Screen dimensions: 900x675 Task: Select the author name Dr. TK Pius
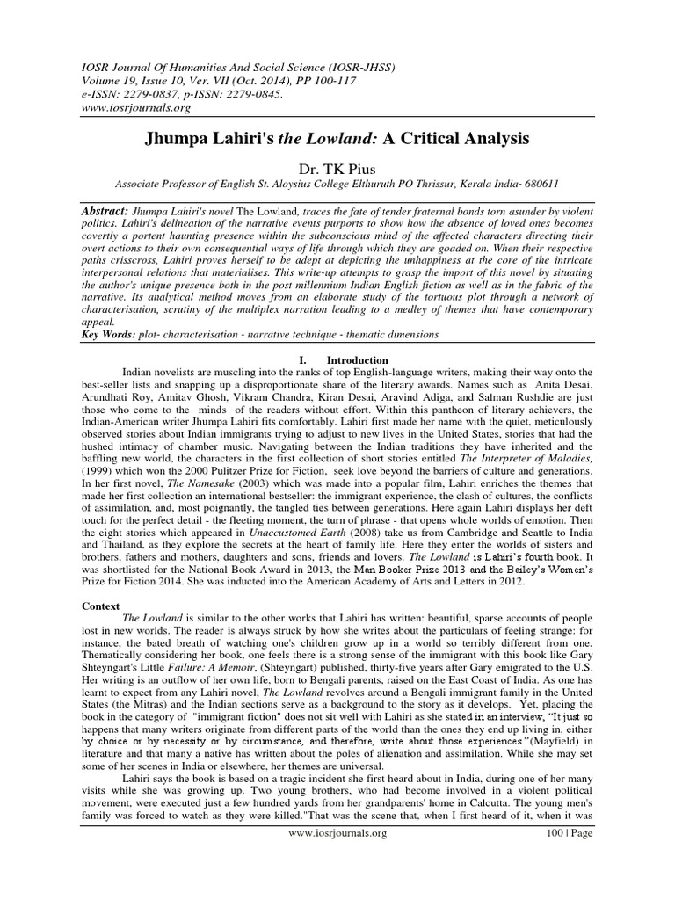337,168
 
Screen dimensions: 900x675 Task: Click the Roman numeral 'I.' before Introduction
303,360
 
